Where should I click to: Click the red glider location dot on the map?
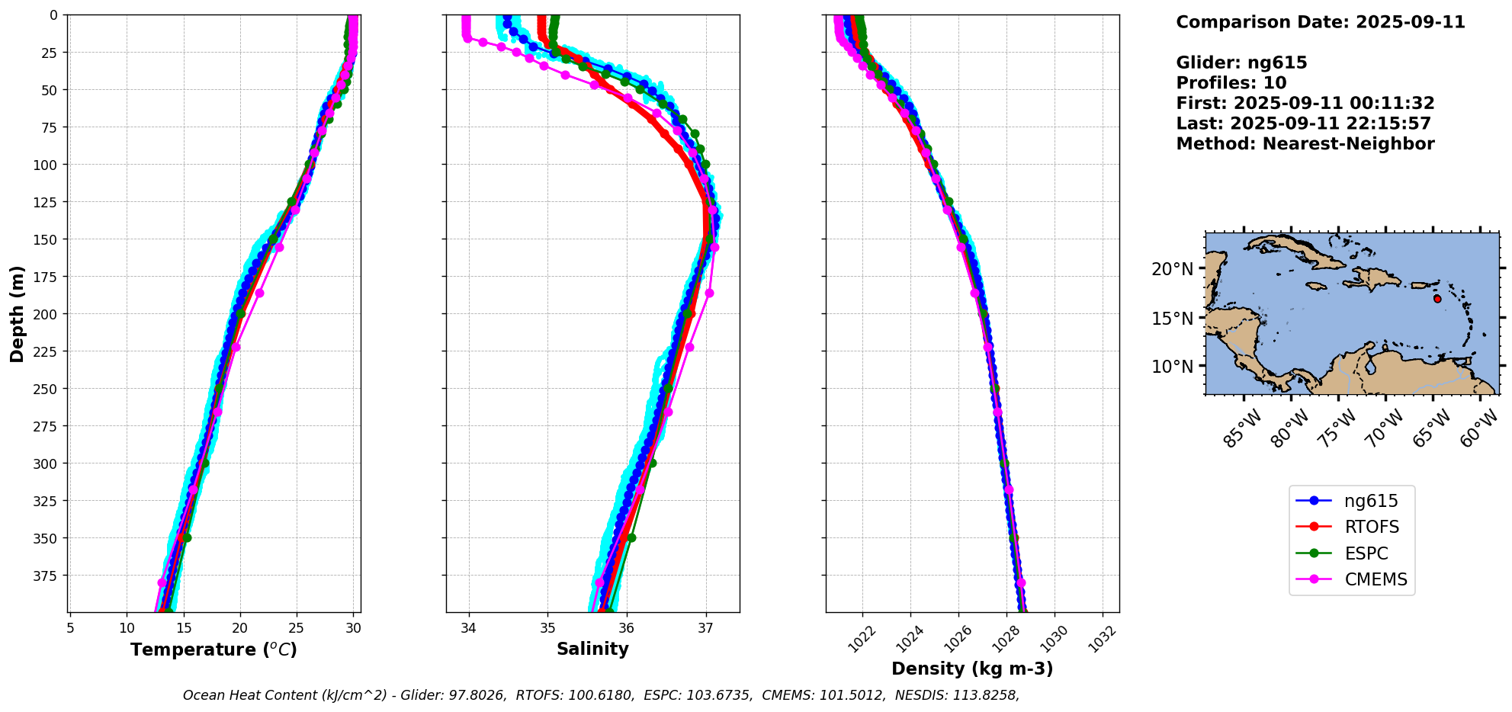1437,299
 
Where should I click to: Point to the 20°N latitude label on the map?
1172,269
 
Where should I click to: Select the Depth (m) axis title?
18,314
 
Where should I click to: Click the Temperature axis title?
213,649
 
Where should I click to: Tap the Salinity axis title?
592,649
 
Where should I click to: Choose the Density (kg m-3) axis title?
972,669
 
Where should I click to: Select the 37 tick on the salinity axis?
705,628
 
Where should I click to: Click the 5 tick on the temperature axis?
70,628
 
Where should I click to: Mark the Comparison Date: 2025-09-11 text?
1320,22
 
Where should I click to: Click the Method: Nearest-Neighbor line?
1305,144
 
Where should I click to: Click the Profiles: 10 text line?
1231,83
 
